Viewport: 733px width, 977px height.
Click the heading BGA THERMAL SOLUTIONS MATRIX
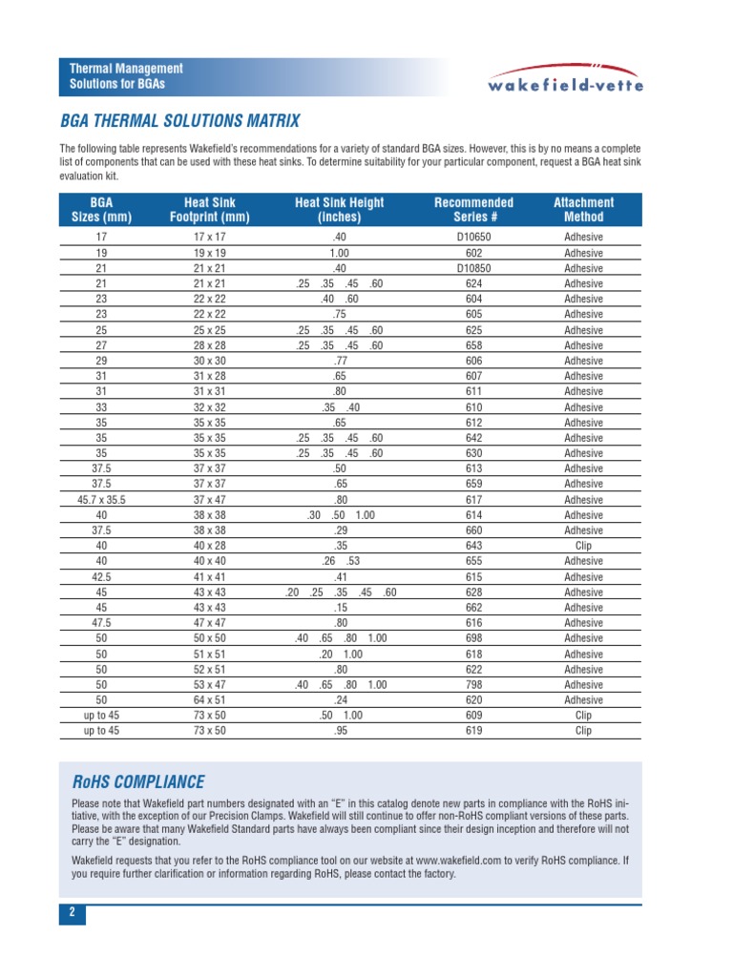point(179,121)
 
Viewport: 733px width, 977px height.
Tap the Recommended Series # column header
point(473,210)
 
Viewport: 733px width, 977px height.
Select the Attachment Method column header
point(583,210)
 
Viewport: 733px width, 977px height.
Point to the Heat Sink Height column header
point(340,210)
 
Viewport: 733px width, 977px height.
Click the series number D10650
point(473,238)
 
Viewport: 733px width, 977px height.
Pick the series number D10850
point(473,269)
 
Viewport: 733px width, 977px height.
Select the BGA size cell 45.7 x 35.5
point(101,500)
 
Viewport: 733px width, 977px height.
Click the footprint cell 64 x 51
point(208,700)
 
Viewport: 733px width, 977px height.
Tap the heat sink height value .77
point(340,362)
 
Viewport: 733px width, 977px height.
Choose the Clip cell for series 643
point(583,547)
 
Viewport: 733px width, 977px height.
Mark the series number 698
point(473,638)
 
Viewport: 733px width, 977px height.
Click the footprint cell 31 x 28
point(208,377)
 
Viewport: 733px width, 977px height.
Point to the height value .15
point(340,608)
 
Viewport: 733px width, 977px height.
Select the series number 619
point(473,731)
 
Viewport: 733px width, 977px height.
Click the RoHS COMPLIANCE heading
point(138,782)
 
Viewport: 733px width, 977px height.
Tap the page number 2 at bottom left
point(72,913)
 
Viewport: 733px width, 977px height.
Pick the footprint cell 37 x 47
point(208,500)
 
